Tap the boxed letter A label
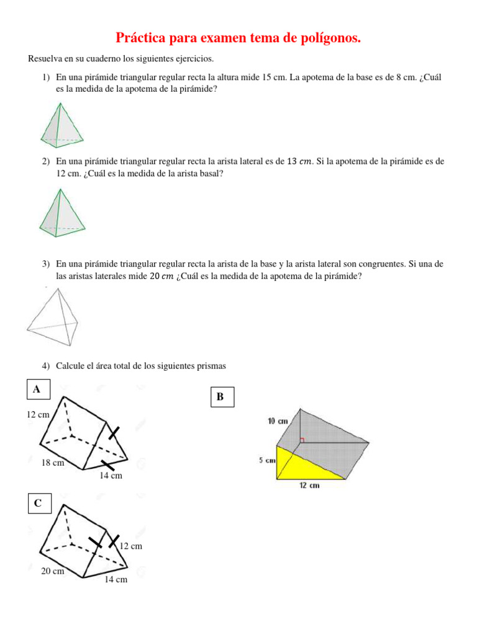(37, 389)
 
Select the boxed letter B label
(220, 397)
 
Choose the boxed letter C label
(38, 504)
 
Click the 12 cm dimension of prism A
(38, 414)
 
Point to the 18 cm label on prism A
(53, 463)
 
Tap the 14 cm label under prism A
(111, 476)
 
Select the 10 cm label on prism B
(278, 421)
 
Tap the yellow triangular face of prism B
(298, 464)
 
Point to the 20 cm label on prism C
(53, 571)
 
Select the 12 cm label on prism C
(130, 546)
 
